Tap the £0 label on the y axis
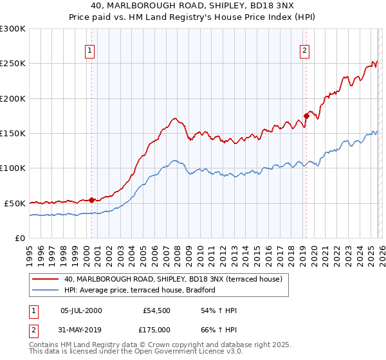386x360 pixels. [x=19, y=238]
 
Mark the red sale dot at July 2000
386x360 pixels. [x=92, y=200]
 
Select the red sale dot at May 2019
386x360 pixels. [x=306, y=116]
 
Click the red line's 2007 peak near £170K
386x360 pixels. [x=174, y=119]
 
